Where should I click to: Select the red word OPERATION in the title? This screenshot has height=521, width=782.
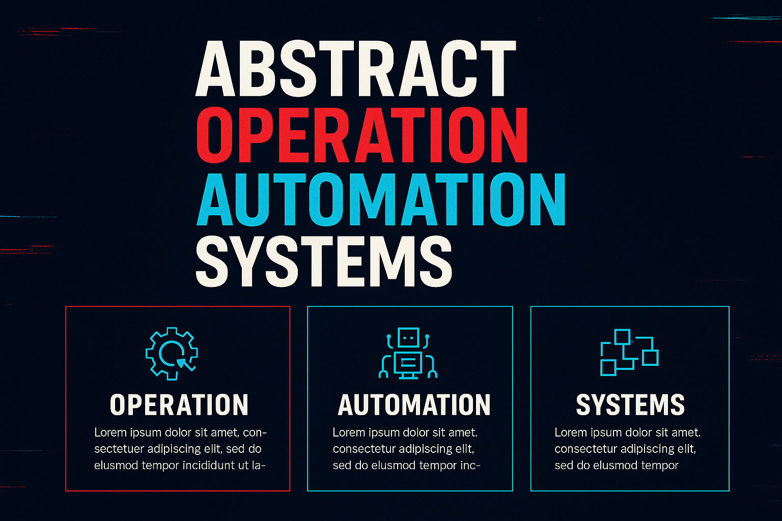click(361, 135)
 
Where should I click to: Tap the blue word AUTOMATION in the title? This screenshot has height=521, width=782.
click(381, 199)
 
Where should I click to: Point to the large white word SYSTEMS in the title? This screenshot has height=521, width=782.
click(324, 263)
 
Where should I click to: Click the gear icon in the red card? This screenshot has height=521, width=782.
click(172, 353)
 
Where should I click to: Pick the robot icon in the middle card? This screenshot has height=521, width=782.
click(408, 353)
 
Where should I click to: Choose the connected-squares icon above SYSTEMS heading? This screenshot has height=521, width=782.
click(629, 352)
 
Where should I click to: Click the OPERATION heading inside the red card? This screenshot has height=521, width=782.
click(179, 405)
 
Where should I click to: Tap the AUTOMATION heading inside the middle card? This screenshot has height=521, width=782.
click(414, 405)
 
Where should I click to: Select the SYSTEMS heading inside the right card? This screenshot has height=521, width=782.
click(630, 405)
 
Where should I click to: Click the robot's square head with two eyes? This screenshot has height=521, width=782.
click(408, 337)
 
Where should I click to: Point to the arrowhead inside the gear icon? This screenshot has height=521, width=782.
click(181, 362)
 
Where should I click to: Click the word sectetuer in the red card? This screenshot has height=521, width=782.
click(119, 449)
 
